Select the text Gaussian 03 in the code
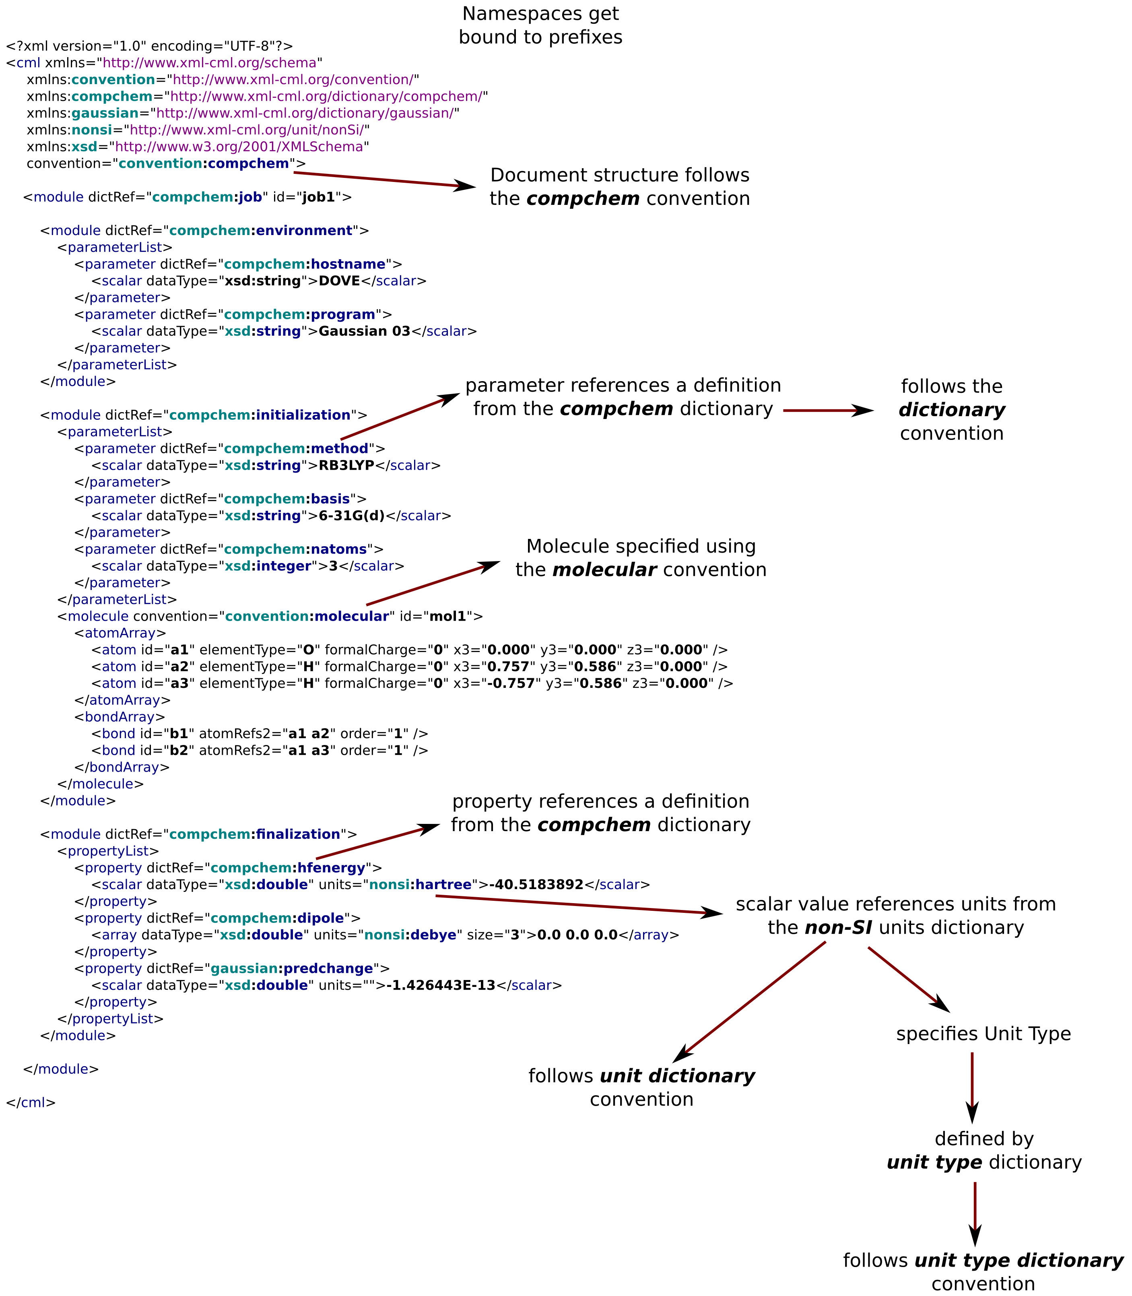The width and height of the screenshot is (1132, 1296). tap(365, 331)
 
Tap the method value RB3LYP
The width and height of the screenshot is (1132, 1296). tap(347, 466)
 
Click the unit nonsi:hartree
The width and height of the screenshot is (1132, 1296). tap(420, 885)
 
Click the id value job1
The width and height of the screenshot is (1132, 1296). tap(318, 197)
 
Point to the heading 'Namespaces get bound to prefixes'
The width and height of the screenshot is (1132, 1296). tap(541, 25)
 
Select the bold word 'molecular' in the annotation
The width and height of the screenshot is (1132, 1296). tap(604, 570)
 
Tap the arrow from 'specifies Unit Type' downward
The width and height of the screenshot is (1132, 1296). tap(972, 1088)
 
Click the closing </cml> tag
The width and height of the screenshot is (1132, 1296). tap(31, 1103)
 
